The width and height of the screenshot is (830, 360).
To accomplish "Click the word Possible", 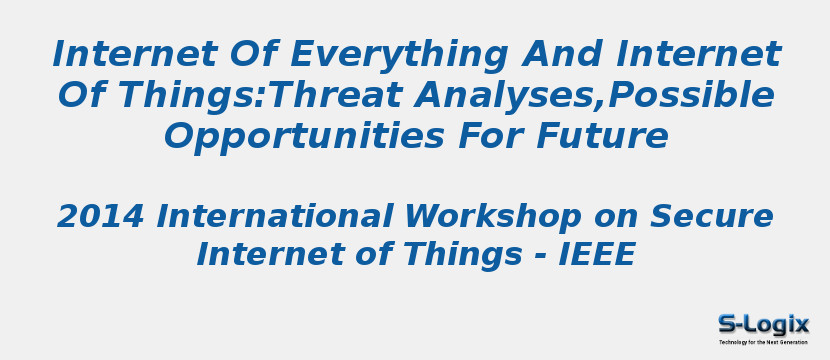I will pos(692,96).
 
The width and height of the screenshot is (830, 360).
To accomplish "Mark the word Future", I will pos(610,137).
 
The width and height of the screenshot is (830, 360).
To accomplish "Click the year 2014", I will pos(100,216).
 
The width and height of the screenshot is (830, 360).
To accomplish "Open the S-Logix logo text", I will pos(763,324).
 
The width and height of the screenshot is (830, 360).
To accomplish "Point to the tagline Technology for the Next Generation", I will pos(763,342).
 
